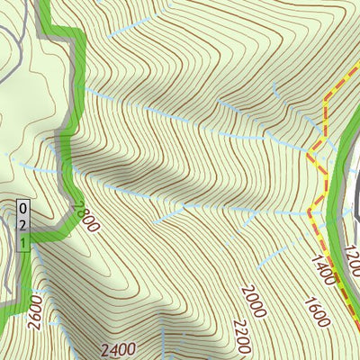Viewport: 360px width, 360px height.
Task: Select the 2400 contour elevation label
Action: click(x=118, y=349)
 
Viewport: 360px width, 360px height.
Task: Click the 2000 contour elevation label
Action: click(x=254, y=301)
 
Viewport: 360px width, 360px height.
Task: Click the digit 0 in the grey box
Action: click(x=23, y=208)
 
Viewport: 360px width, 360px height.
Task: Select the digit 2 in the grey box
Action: click(x=23, y=224)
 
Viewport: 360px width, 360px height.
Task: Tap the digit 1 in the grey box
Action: click(x=23, y=240)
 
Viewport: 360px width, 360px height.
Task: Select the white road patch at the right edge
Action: click(x=355, y=193)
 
